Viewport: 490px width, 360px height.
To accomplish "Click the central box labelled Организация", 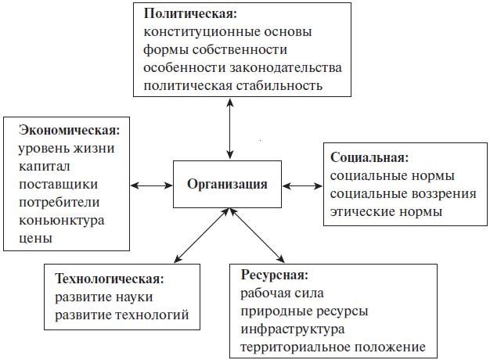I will pos(227,185).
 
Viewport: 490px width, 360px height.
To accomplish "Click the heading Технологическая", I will pos(110,279).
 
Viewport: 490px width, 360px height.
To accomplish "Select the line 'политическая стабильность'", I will pos(233,85).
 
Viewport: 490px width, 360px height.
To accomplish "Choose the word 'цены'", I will pos(34,237).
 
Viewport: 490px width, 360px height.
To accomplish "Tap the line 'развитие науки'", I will pos(104,297).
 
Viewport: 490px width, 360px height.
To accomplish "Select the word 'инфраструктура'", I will pos(293,329).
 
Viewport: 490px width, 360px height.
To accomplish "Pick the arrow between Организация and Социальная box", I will pos(302,185).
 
